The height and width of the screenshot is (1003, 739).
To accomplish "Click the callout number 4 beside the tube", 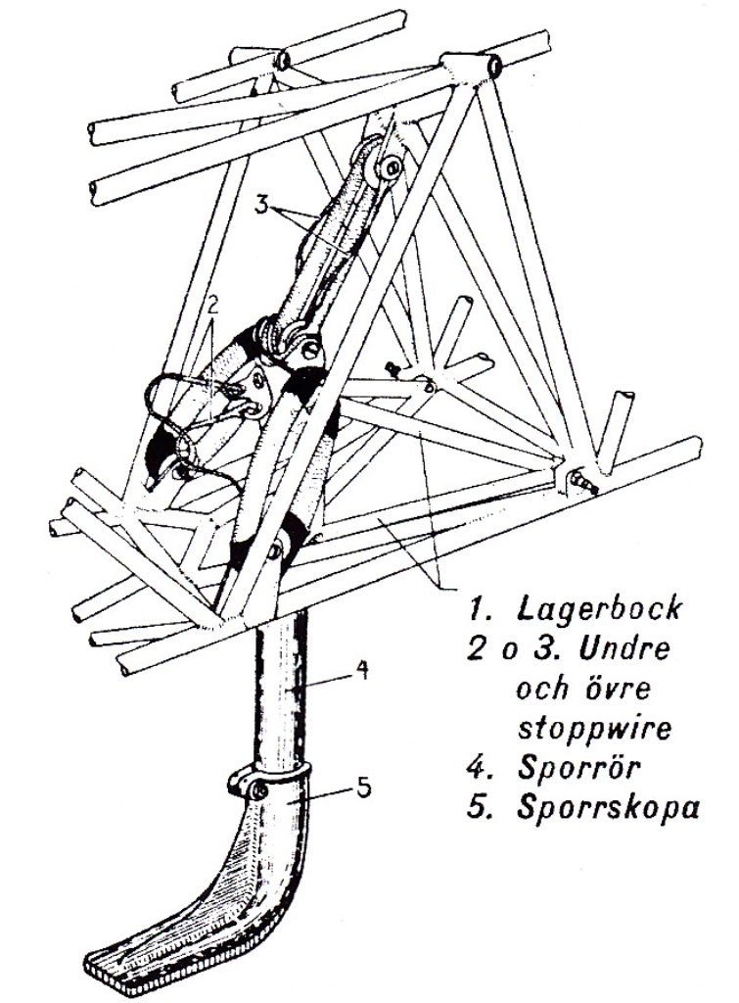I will tap(360, 672).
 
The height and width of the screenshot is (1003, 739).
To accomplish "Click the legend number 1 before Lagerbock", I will tap(479, 608).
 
